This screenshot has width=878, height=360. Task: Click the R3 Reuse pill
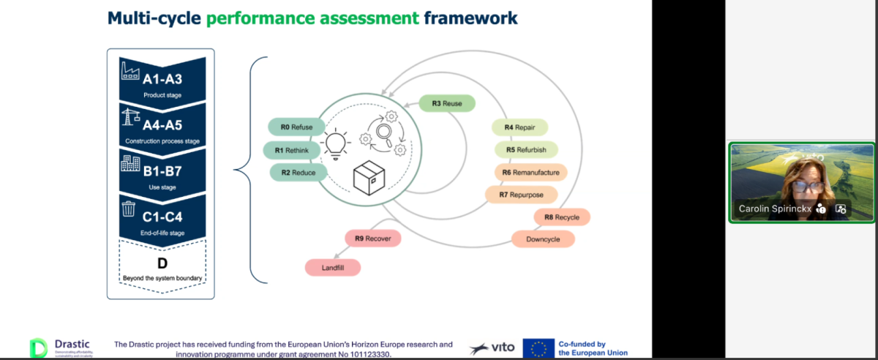(x=446, y=103)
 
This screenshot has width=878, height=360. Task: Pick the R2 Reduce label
(x=293, y=173)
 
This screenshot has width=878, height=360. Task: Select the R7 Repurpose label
(x=520, y=195)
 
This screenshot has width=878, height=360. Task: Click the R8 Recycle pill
(x=562, y=217)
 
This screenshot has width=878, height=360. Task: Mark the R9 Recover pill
(x=373, y=239)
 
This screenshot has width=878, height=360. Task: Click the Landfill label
(x=333, y=269)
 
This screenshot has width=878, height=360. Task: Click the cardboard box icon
(x=369, y=177)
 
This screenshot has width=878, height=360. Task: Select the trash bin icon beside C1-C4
(x=129, y=210)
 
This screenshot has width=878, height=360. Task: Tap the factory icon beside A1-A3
(x=130, y=71)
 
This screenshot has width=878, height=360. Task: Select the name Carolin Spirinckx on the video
(x=775, y=209)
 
